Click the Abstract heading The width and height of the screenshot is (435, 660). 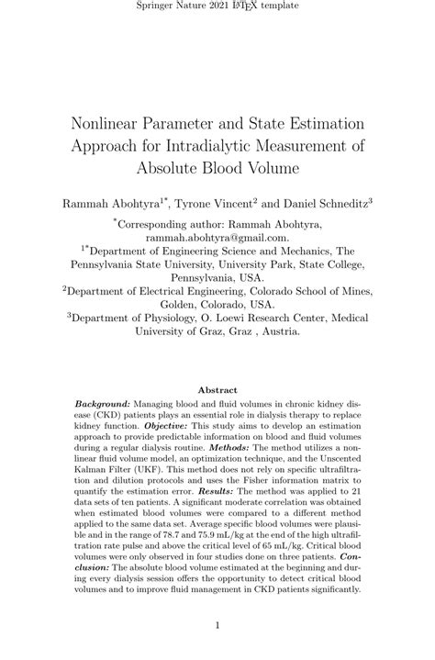click(217, 389)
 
